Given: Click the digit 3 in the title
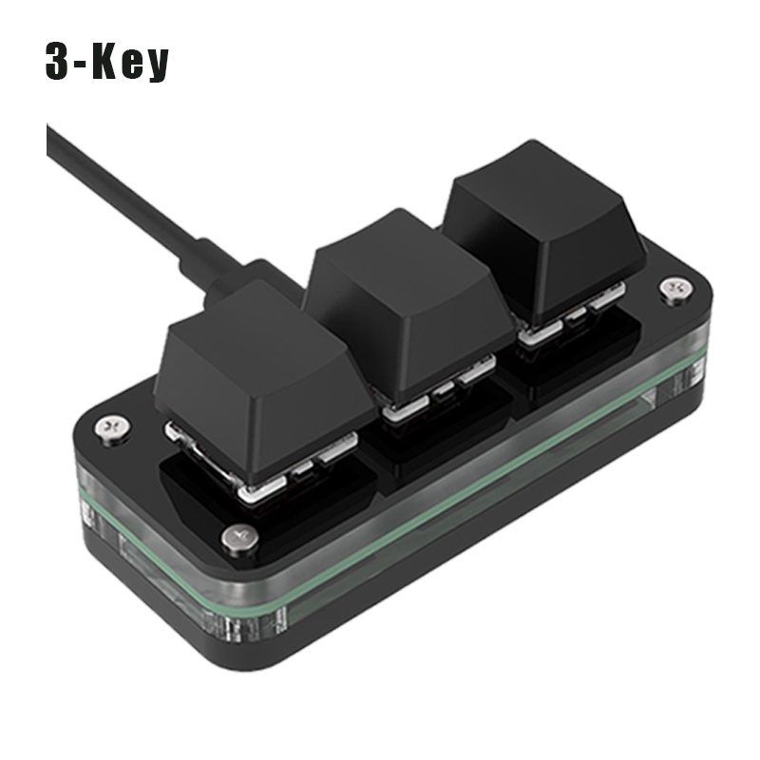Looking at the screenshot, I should (62, 60).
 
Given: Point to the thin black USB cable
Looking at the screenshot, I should (123, 190).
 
